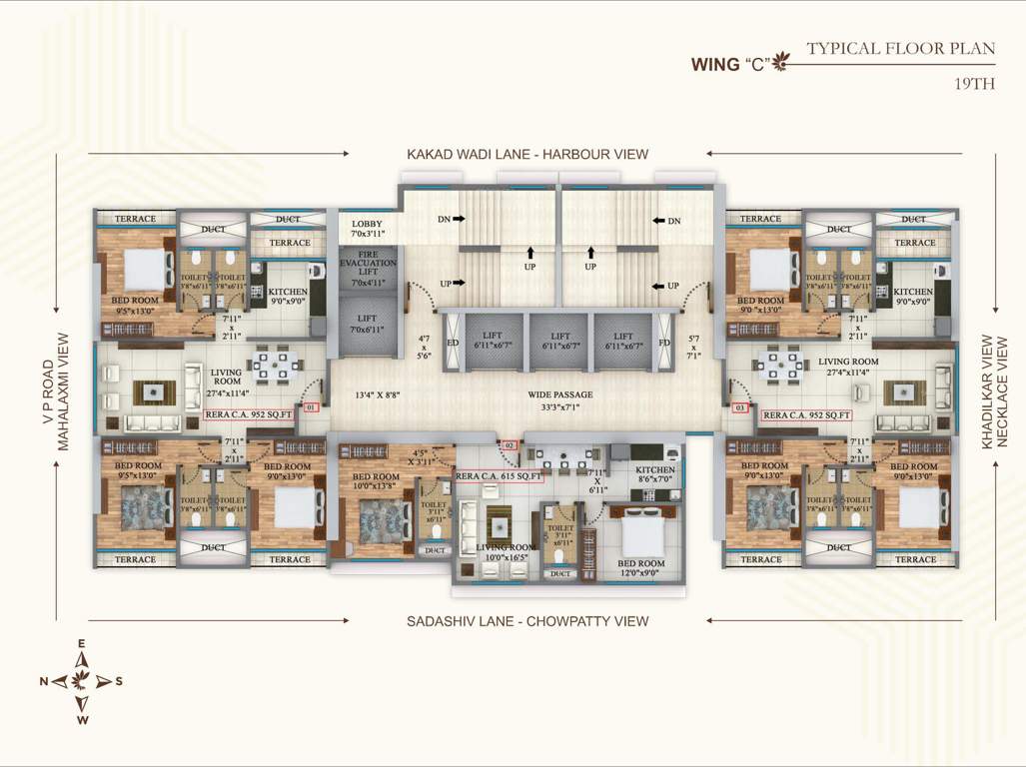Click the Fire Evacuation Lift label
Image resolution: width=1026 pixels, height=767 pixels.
[368, 272]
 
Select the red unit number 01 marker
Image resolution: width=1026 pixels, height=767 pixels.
[310, 407]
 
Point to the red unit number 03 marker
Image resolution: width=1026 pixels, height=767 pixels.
[740, 407]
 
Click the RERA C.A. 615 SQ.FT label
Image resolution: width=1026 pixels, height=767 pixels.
[499, 477]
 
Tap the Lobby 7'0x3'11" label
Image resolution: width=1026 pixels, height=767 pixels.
[368, 228]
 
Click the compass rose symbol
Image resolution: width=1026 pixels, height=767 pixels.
[82, 680]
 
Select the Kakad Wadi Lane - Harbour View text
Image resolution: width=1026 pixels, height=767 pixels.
[526, 154]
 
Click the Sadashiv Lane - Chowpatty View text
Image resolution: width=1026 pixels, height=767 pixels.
[526, 621]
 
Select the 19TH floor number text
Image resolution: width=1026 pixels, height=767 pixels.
[975, 84]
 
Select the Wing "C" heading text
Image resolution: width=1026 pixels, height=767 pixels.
[729, 65]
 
